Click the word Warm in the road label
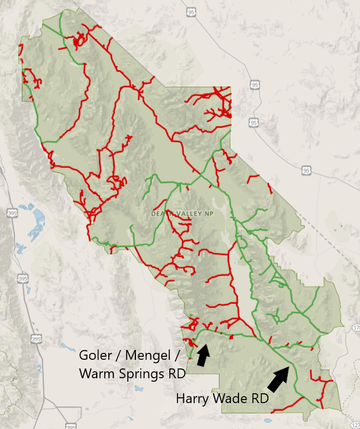click(96, 374)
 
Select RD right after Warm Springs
click(175, 374)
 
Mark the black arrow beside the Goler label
click(202, 355)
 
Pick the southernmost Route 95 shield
click(306, 170)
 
